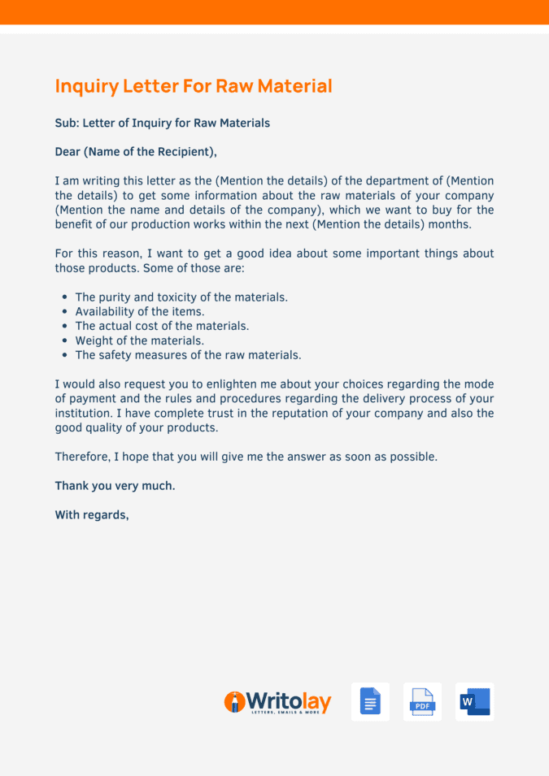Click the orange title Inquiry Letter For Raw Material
point(194,86)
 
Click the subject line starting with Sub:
point(162,124)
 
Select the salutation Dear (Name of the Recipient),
point(136,152)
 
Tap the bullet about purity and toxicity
point(181,297)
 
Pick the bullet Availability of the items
point(139,312)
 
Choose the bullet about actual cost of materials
point(162,327)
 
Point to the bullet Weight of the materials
point(139,341)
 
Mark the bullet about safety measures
point(188,356)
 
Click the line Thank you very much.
point(115,486)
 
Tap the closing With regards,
point(92,515)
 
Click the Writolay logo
point(278,702)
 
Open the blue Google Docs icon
point(370,702)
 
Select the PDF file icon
point(422,702)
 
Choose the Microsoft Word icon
point(474,702)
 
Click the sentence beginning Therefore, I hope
point(246,457)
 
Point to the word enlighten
point(243,384)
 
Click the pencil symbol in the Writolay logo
point(234,702)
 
